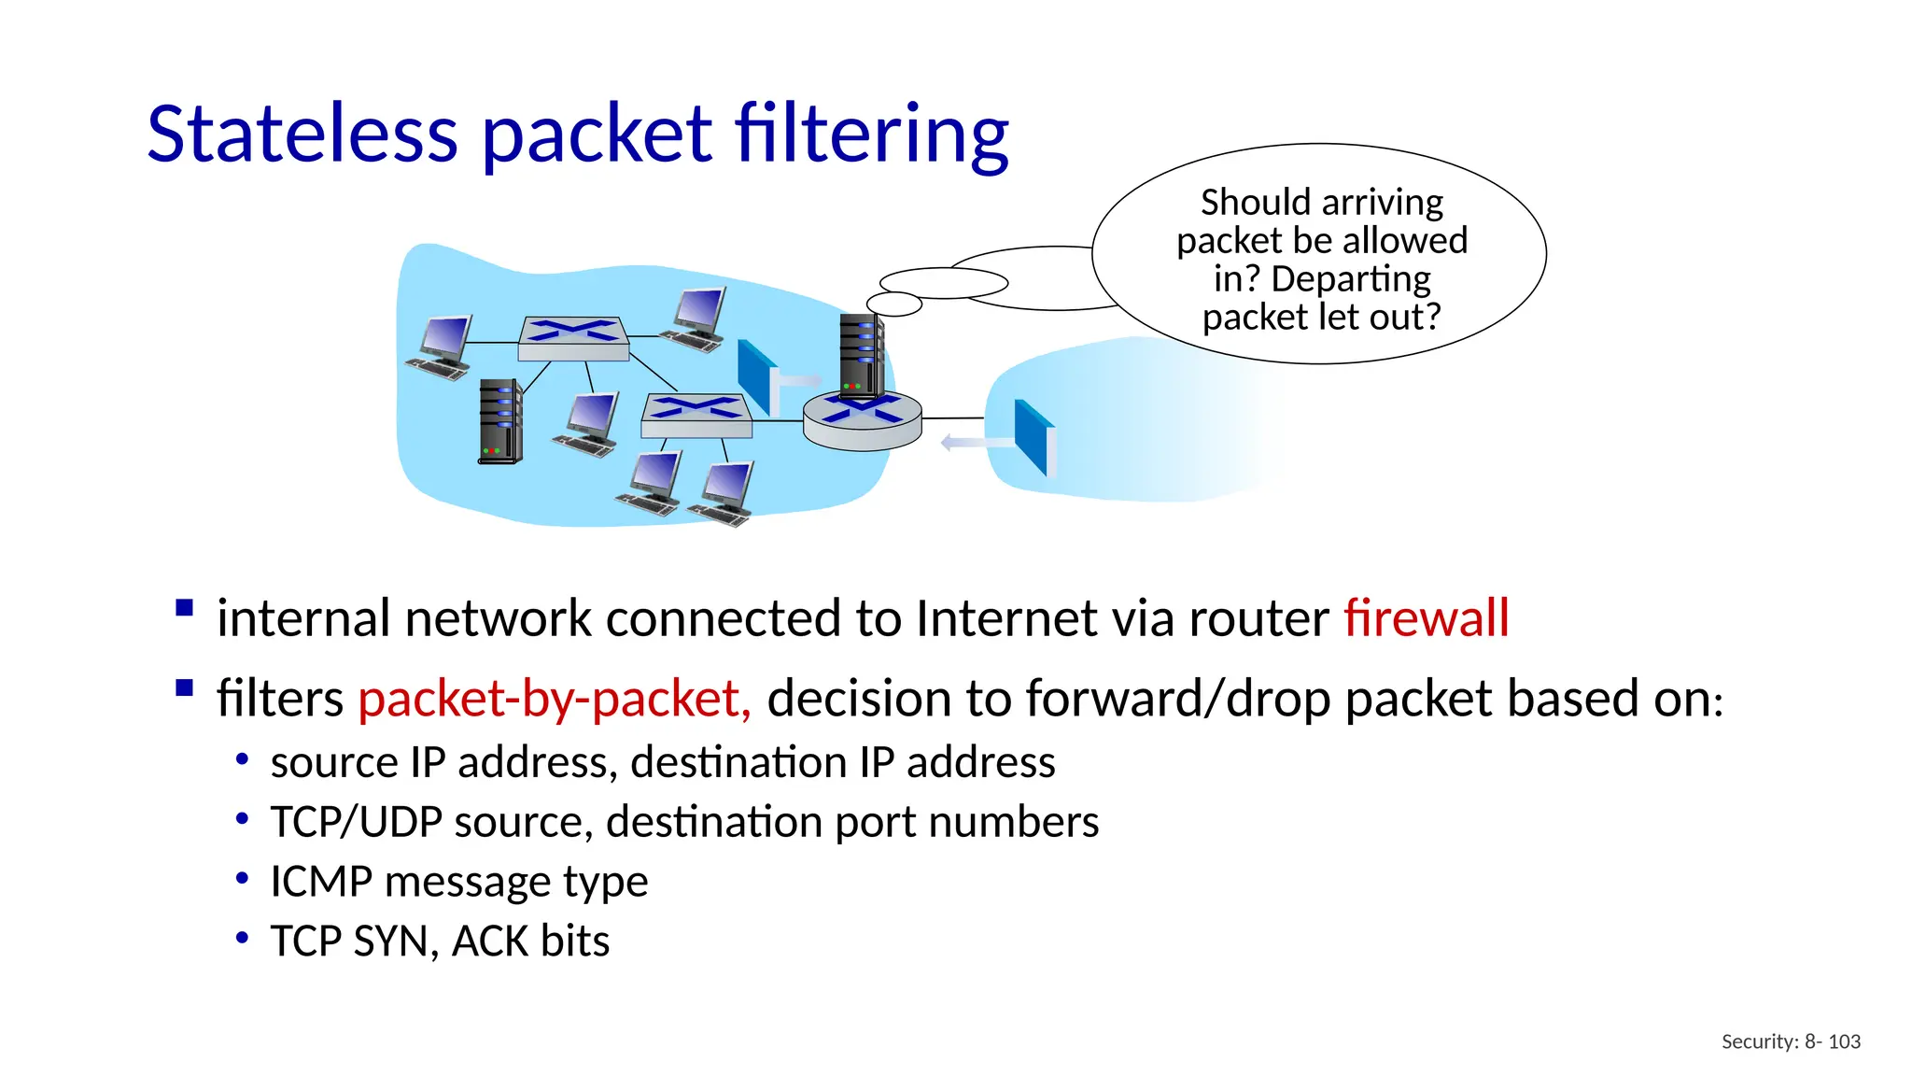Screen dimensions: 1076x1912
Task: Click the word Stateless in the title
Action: pyautogui.click(x=302, y=134)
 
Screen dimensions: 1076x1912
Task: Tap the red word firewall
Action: pyautogui.click(x=1426, y=618)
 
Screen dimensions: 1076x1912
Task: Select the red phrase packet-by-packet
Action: pyautogui.click(x=554, y=699)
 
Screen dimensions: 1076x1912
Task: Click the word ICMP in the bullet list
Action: pyautogui.click(x=320, y=882)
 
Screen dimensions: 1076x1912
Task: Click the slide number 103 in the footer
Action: pyautogui.click(x=1844, y=1041)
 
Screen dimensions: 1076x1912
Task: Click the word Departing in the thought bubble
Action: pyautogui.click(x=1350, y=279)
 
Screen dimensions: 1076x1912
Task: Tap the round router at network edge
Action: pyautogui.click(x=862, y=421)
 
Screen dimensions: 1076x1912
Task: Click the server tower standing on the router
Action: pyautogui.click(x=860, y=356)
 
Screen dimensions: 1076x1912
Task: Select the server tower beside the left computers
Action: pyautogui.click(x=500, y=421)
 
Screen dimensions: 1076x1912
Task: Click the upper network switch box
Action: pyautogui.click(x=573, y=339)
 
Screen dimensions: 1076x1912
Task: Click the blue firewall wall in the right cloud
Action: pyautogui.click(x=1033, y=437)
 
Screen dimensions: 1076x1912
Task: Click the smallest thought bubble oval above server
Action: pyautogui.click(x=893, y=304)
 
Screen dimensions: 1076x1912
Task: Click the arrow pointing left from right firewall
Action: pyautogui.click(x=976, y=443)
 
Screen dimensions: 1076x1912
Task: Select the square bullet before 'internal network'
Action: pyautogui.click(x=184, y=609)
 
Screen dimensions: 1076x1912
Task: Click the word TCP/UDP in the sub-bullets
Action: pyautogui.click(x=356, y=822)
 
